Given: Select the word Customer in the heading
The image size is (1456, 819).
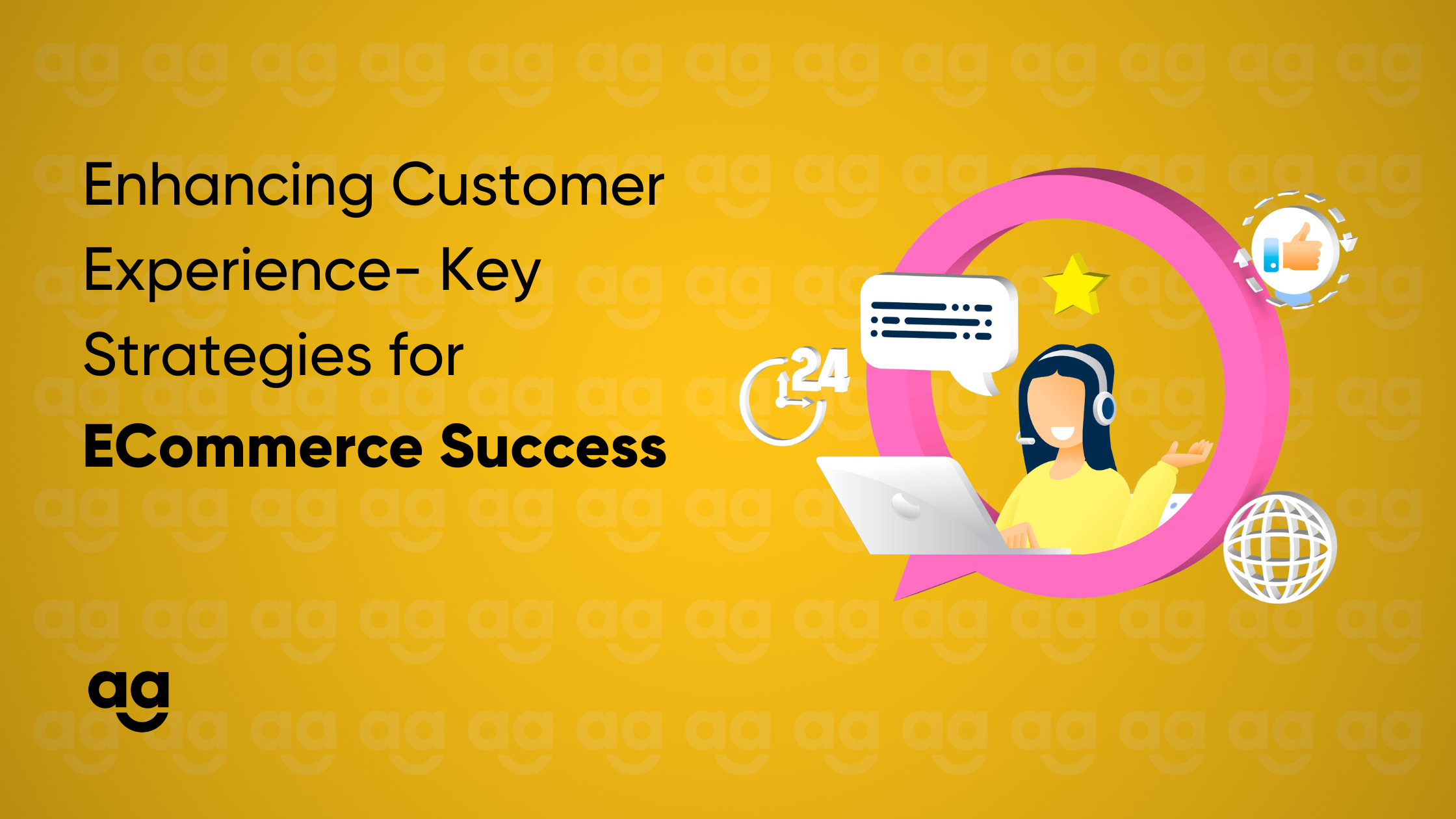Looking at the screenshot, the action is point(528,185).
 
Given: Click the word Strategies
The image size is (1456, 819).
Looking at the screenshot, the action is point(227,357).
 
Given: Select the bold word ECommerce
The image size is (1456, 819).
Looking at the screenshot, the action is point(253,447).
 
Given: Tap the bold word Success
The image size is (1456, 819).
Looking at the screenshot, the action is point(554,447).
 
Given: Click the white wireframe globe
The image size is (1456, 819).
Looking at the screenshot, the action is point(1280,547).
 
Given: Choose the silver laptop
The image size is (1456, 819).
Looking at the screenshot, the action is point(923,506).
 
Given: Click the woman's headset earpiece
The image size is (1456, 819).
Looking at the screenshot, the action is point(1105,408).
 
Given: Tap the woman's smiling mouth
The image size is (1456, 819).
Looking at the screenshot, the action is point(1063,432).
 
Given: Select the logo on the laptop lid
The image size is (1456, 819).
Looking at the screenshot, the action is point(905,506).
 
